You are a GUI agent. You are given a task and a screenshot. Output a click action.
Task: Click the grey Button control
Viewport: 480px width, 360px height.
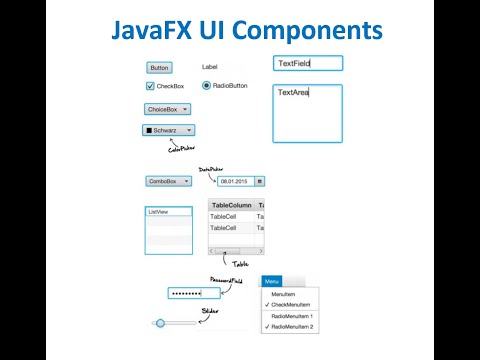[x=158, y=68]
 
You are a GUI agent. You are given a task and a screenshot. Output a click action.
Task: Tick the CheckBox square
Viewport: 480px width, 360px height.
[x=150, y=86]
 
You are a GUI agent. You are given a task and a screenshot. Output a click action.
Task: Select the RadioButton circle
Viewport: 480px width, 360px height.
[x=206, y=86]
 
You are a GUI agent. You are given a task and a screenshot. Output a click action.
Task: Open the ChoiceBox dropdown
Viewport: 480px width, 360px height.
[x=168, y=109]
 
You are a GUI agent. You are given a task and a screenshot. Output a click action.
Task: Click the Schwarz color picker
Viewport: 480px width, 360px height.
[x=168, y=129]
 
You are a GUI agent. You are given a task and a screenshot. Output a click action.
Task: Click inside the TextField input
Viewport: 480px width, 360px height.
[x=308, y=63]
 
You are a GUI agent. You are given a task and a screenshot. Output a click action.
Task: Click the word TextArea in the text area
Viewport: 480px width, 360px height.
[x=293, y=93]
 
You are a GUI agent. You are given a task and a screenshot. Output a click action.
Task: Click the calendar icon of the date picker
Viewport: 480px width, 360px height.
[x=260, y=181]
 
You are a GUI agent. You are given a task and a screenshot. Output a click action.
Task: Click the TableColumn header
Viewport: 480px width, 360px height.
[x=231, y=204]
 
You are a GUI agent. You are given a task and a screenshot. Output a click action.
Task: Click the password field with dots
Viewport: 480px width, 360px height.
[x=194, y=293]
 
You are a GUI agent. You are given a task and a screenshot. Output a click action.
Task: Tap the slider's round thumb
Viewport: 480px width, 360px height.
[x=160, y=323]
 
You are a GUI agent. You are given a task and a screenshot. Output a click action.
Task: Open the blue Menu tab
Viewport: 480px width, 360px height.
[x=272, y=282]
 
